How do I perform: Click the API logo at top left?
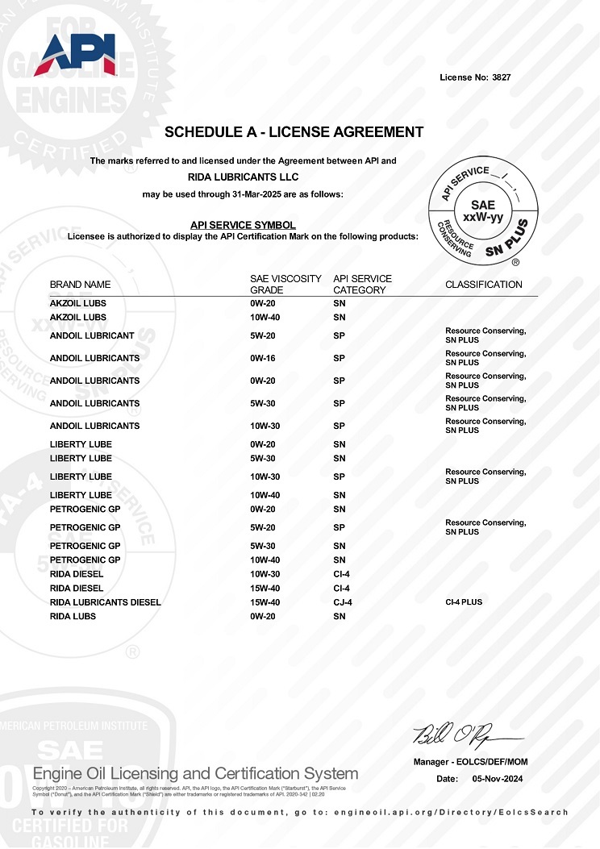click(x=76, y=55)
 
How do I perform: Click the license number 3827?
click(x=501, y=77)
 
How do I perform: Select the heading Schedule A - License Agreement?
click(x=294, y=132)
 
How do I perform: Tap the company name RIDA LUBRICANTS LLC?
click(x=243, y=177)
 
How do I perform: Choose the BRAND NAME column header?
click(x=81, y=285)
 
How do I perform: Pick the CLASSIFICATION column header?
click(x=484, y=285)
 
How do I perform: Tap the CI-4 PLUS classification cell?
click(x=464, y=602)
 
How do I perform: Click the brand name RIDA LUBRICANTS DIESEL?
click(x=106, y=602)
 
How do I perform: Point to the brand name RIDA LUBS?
click(x=73, y=617)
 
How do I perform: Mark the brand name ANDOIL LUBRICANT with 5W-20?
click(x=92, y=335)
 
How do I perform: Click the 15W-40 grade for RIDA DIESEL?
click(x=266, y=589)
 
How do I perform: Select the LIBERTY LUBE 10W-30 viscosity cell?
click(x=266, y=477)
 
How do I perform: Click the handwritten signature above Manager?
click(x=465, y=735)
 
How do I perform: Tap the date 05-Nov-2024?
click(x=498, y=779)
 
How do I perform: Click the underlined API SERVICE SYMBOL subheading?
click(x=243, y=225)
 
